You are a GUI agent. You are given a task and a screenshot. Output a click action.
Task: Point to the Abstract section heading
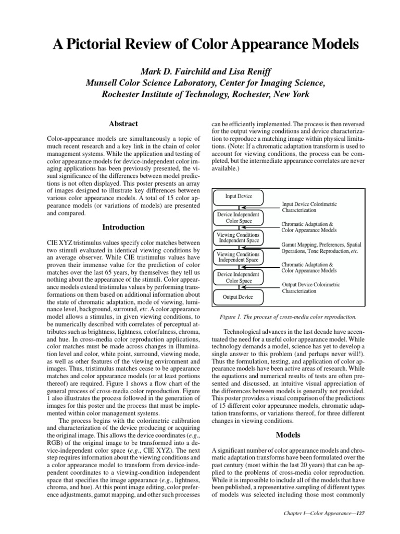(123, 124)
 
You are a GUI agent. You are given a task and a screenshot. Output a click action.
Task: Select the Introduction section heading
(123, 227)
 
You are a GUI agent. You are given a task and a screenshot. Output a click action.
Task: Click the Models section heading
(287, 434)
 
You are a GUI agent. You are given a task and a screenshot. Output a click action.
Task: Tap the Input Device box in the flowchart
(239, 196)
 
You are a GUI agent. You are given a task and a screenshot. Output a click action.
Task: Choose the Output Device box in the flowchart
(239, 297)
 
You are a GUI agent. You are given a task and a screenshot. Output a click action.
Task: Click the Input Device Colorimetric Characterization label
(315, 208)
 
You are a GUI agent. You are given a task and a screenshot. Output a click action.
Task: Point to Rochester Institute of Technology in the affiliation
(163, 94)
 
